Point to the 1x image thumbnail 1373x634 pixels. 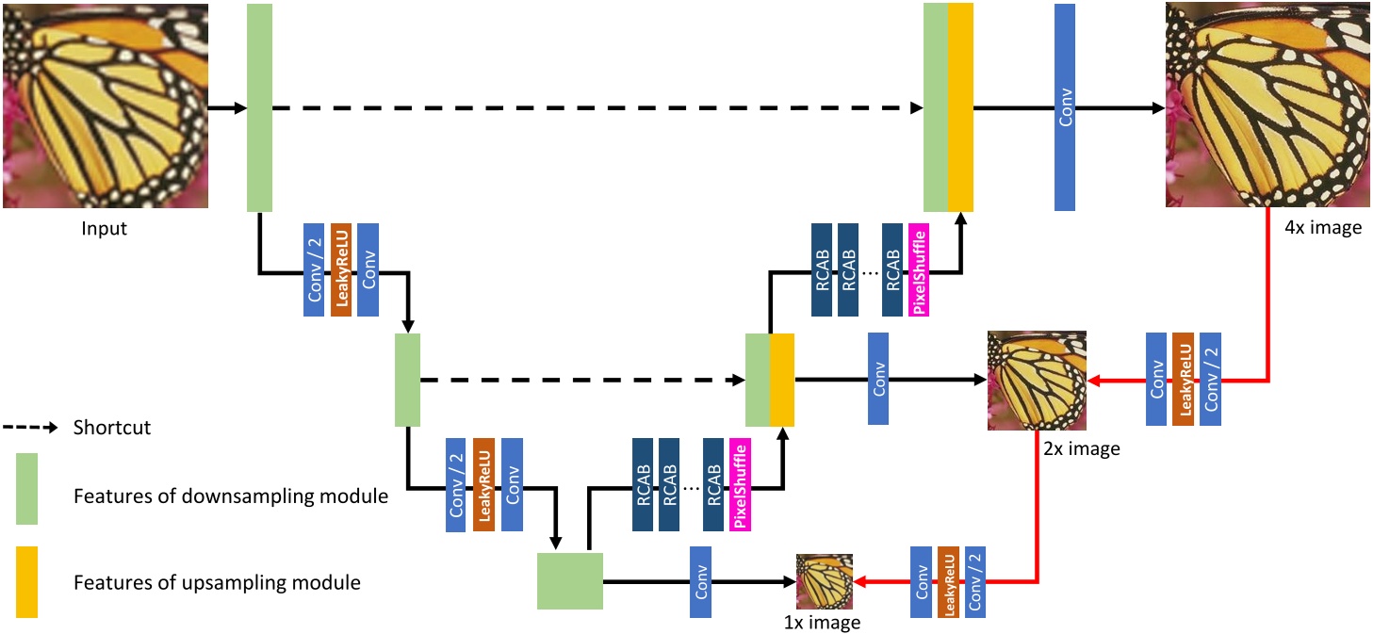(825, 581)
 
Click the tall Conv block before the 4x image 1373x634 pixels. (1065, 106)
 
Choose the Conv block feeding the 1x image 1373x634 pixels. (700, 582)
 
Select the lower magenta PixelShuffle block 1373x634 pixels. (740, 484)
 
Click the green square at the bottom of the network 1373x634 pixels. (569, 581)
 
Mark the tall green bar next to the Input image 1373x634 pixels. (259, 107)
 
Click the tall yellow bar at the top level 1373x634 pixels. (960, 106)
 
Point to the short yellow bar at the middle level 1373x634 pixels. (782, 380)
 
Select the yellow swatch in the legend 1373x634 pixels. (26, 581)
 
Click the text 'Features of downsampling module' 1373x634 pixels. (231, 496)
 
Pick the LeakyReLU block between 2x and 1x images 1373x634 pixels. (948, 581)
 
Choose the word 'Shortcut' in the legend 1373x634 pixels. (112, 428)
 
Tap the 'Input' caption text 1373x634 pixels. (104, 229)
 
